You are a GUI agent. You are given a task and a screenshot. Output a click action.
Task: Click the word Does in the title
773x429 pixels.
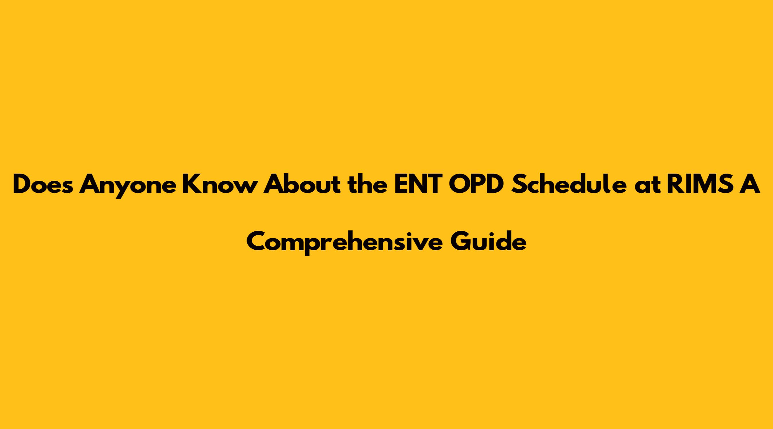(x=43, y=185)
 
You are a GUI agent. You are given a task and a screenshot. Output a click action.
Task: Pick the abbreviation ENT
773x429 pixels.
(x=418, y=185)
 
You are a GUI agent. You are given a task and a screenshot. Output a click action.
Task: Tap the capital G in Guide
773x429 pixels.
(x=460, y=242)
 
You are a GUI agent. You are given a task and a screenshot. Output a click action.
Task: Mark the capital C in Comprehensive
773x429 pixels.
(x=256, y=242)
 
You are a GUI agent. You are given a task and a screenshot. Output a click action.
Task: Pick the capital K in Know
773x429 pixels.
(x=191, y=185)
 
